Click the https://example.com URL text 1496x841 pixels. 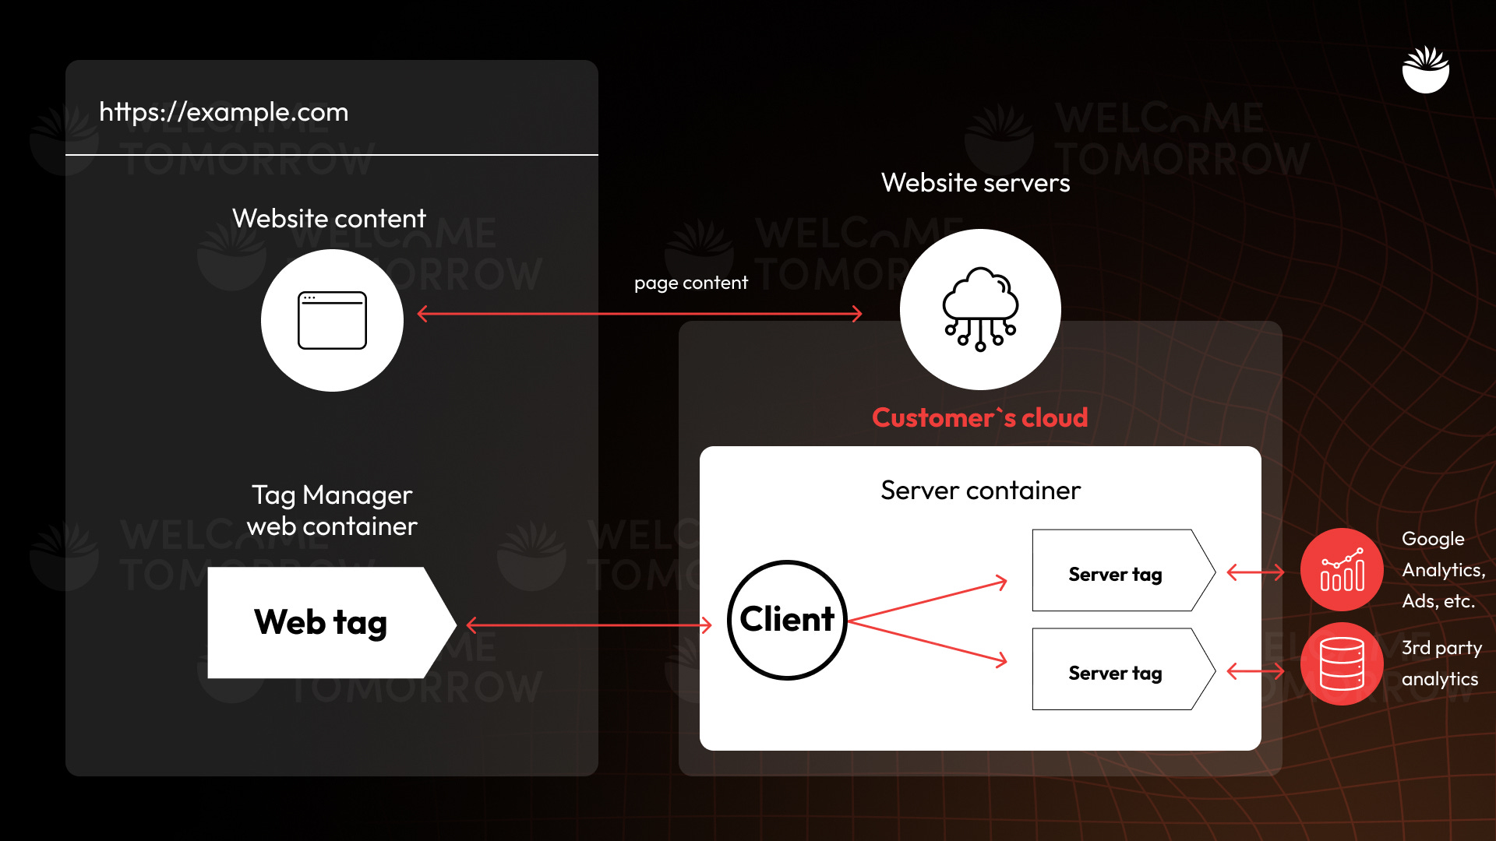coord(224,112)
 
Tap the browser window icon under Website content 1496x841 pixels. coord(332,320)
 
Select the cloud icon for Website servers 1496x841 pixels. coord(980,309)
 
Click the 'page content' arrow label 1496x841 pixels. coord(690,283)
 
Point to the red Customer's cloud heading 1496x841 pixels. coord(979,418)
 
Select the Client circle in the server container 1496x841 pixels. coord(787,620)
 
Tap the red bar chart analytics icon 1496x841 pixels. coord(1342,570)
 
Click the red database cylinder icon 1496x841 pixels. coord(1342,664)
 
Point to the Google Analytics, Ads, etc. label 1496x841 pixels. coord(1442,570)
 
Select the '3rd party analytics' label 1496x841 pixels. coord(1441,663)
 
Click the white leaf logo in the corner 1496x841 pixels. coord(1426,70)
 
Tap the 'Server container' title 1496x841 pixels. coord(980,491)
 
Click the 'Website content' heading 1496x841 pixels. coord(329,219)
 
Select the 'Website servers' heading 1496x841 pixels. coord(976,183)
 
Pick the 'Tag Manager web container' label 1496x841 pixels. coord(332,511)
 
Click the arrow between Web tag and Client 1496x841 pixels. coord(589,625)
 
